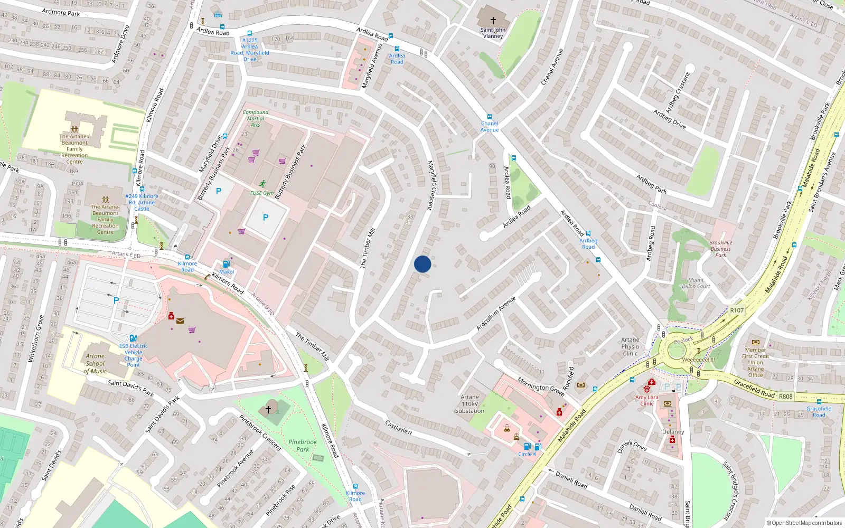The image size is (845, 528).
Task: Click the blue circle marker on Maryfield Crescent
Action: (x=422, y=264)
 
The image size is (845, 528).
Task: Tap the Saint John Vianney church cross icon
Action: (x=493, y=21)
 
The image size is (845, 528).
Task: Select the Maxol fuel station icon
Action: (x=227, y=264)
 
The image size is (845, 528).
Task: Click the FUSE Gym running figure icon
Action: (x=262, y=184)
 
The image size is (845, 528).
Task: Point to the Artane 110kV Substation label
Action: (x=470, y=404)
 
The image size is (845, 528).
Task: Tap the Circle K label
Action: (x=527, y=454)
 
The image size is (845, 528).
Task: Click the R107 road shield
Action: (x=737, y=310)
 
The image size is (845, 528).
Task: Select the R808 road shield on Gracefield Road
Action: (x=785, y=397)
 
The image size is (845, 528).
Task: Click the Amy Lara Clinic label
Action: (x=646, y=400)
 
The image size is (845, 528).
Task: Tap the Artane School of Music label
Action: (x=95, y=363)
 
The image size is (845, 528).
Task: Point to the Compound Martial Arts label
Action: (x=256, y=118)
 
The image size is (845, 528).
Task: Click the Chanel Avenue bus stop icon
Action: (x=490, y=117)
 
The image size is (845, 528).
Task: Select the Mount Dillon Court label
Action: (x=696, y=283)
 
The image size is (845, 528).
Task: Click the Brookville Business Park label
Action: (x=720, y=249)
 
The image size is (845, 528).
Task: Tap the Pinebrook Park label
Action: (x=303, y=446)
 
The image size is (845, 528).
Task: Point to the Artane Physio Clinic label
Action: (x=630, y=346)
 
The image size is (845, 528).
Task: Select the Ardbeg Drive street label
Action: (x=669, y=119)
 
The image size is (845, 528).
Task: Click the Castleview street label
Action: (x=399, y=427)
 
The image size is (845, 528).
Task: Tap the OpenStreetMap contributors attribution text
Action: (x=804, y=523)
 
